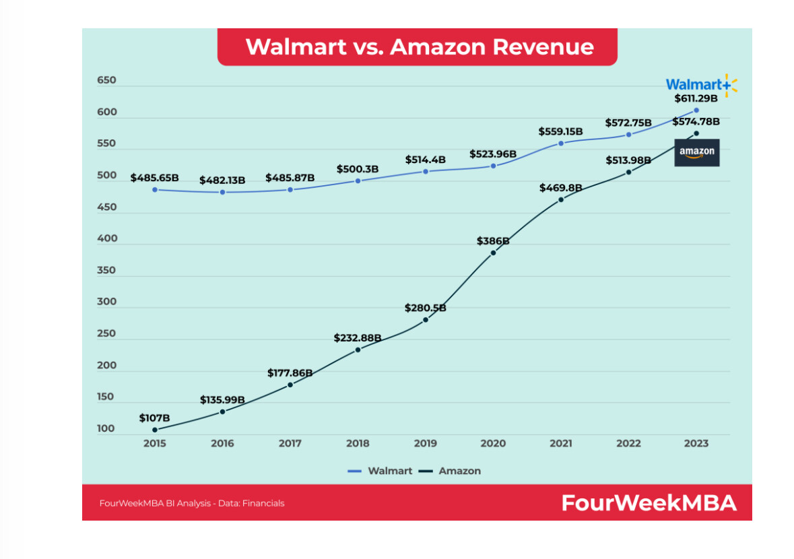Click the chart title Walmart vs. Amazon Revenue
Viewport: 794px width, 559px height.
click(419, 46)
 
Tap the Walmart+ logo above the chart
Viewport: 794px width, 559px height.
click(701, 85)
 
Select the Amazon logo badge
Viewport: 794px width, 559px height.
click(696, 152)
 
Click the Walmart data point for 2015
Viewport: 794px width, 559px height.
click(155, 190)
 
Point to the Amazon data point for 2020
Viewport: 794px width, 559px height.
click(493, 253)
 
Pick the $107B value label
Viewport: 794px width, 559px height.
click(155, 418)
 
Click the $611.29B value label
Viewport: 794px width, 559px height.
click(696, 98)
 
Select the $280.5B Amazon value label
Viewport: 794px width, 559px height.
click(425, 308)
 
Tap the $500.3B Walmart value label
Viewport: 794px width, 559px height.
click(358, 168)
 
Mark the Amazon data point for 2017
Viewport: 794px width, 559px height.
click(290, 385)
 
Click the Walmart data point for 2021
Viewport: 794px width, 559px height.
click(561, 143)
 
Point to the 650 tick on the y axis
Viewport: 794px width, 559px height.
click(106, 80)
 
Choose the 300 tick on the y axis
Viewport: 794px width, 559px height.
click(106, 302)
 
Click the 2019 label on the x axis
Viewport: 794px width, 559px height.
click(425, 443)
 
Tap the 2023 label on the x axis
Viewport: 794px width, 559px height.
click(696, 443)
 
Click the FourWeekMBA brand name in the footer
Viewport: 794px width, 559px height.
click(649, 502)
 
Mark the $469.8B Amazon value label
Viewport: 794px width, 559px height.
click(561, 188)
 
